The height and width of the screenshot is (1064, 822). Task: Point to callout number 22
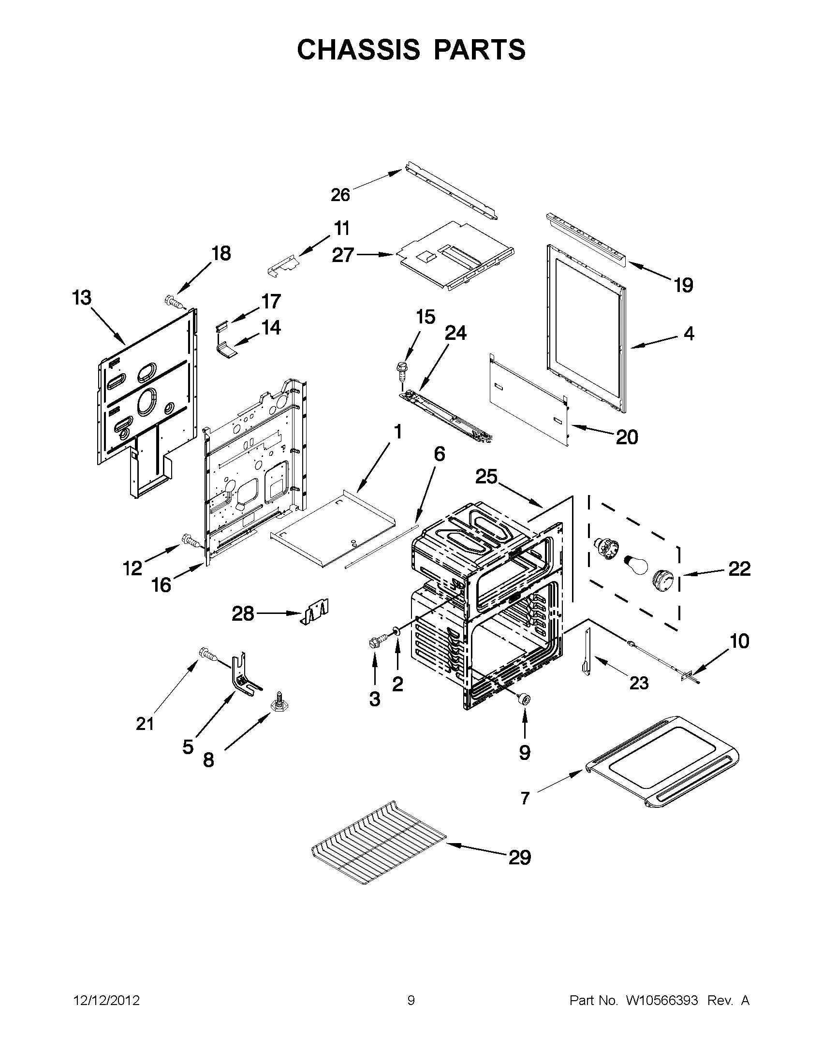click(739, 568)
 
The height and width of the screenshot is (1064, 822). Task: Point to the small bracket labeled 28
click(315, 613)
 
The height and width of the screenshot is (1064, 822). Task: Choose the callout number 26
click(340, 195)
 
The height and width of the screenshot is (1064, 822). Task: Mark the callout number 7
click(525, 798)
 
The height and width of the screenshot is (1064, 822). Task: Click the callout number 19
click(683, 285)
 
